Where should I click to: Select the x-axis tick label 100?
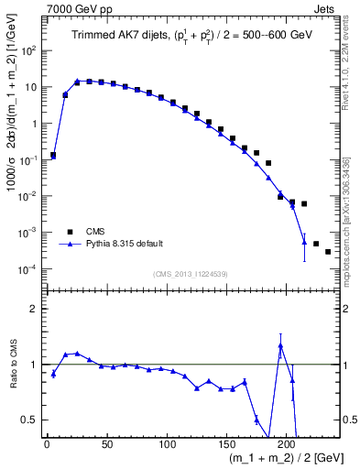click(x=167, y=442)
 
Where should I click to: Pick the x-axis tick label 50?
click(x=106, y=442)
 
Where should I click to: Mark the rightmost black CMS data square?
click(x=328, y=252)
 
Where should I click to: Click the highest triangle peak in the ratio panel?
click(x=280, y=345)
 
